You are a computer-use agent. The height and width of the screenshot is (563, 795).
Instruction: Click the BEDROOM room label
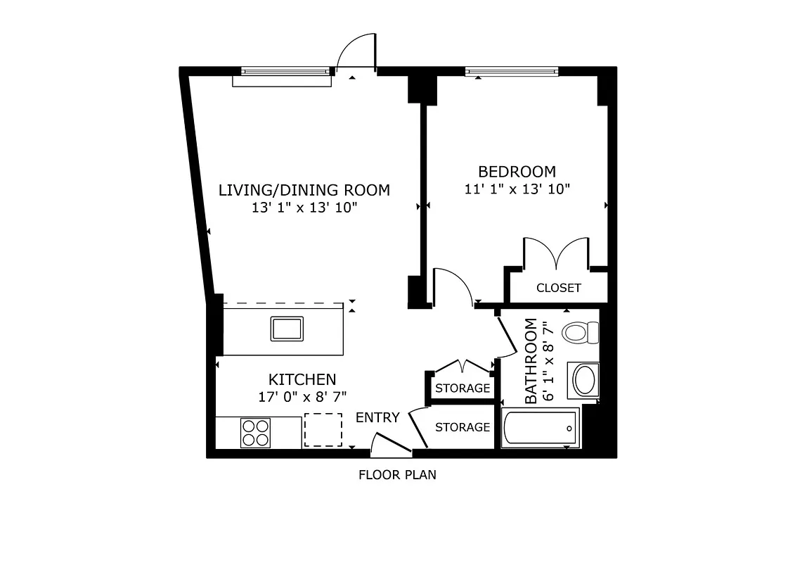click(517, 171)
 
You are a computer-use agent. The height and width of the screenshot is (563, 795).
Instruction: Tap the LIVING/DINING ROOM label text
click(304, 190)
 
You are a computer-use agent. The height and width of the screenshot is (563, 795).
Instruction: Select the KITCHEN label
click(302, 379)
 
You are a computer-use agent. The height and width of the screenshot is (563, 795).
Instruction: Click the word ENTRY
click(377, 417)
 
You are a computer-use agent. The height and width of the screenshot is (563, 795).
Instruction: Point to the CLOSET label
click(558, 288)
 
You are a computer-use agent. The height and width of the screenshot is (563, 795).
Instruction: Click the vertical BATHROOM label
click(531, 361)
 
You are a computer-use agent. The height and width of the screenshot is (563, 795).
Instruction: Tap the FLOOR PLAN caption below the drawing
click(397, 475)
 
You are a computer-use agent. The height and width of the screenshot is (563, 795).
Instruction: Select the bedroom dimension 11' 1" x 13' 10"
click(517, 189)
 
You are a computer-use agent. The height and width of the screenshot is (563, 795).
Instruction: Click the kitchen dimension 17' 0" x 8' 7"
click(302, 396)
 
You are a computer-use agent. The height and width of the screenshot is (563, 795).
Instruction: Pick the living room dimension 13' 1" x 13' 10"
click(304, 208)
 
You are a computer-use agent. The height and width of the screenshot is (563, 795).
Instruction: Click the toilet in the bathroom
click(580, 331)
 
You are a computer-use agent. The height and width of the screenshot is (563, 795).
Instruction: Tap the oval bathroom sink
click(584, 380)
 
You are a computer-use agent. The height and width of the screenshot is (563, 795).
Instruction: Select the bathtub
click(540, 428)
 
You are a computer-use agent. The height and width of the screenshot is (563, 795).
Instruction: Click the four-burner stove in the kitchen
click(256, 432)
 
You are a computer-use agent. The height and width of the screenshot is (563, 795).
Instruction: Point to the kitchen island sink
click(287, 329)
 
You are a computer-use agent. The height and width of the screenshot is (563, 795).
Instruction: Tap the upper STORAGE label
click(462, 388)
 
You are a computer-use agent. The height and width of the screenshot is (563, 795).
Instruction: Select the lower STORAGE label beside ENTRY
click(462, 427)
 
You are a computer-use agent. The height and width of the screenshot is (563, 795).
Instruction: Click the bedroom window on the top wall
click(512, 71)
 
